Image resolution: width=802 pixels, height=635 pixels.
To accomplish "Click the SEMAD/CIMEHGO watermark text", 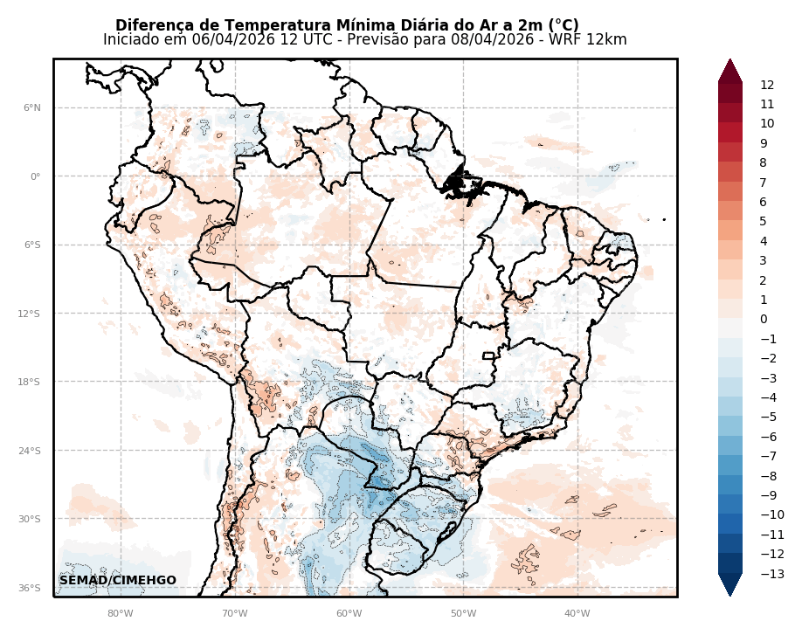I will coord(117,581).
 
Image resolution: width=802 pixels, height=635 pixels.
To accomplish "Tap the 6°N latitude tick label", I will coord(31,108).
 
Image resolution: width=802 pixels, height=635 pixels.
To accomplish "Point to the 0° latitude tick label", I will coord(36,176).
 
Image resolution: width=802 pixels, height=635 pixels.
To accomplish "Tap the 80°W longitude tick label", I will coord(120,613).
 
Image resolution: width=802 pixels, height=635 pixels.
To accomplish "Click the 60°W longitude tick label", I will coord(349,613).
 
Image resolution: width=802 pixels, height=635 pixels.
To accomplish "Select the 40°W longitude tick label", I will coord(577,613).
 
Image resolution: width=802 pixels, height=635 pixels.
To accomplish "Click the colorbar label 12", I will coord(767,85).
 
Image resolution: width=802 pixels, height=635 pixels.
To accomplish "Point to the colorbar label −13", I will coord(771,574).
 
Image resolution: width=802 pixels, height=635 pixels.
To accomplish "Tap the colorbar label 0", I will coord(764,320).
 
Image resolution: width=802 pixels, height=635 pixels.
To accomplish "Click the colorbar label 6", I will coord(764,202).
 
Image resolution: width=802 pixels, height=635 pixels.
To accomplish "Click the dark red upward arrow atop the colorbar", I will coord(730,71).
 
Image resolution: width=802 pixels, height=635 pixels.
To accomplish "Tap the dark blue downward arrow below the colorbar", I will coord(730,584).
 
